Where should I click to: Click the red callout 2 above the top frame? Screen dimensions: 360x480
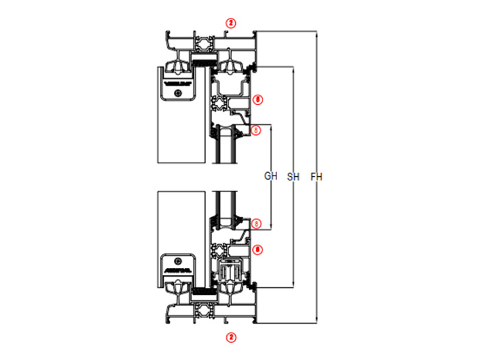231,23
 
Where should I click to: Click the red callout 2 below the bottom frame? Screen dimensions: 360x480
231,337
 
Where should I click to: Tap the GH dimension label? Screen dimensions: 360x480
271,176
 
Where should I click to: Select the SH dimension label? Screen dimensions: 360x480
293,176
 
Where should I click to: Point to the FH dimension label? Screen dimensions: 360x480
316,176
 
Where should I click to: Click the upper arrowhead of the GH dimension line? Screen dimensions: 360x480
273,126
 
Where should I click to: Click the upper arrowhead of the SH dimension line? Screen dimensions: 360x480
293,69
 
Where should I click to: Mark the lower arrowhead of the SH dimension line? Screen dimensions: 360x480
293,284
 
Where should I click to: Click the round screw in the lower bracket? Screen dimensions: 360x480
178,261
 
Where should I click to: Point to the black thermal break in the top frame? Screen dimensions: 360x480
202,62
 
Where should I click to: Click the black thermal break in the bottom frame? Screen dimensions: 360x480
202,291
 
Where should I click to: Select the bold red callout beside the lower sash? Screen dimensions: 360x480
257,250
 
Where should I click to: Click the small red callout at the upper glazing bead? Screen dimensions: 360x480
256,130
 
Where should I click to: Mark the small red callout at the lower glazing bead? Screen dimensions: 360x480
256,223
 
